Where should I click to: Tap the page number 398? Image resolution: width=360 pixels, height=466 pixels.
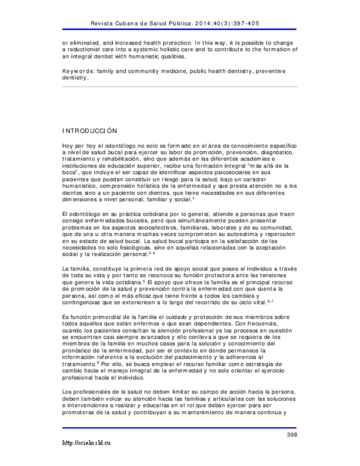(x=291, y=435)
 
